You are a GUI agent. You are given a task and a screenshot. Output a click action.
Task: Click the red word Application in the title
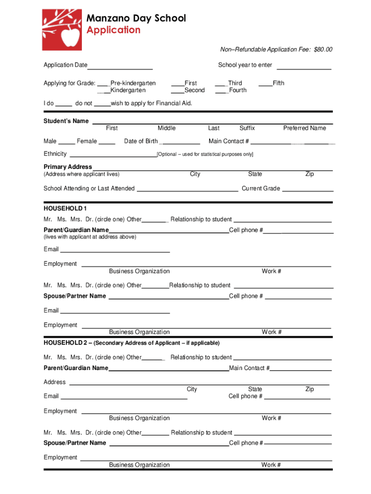click(x=113, y=30)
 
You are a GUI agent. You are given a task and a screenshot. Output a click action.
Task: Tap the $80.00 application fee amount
click(x=323, y=50)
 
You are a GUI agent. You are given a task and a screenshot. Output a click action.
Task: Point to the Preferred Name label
click(x=305, y=128)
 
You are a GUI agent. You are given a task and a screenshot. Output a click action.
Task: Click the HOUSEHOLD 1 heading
click(x=65, y=208)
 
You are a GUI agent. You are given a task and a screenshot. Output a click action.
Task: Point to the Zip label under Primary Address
click(x=309, y=174)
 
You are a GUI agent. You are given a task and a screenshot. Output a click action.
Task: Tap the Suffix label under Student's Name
click(x=247, y=128)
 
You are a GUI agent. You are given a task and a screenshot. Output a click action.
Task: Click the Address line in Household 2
click(x=199, y=384)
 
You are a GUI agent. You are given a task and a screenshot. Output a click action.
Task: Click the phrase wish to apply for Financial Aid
click(x=151, y=103)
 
